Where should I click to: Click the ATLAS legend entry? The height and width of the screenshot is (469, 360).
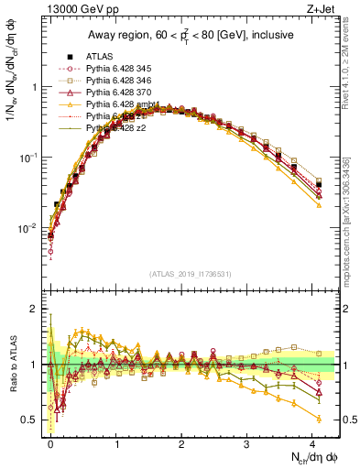(99, 56)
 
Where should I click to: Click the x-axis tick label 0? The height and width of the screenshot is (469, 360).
(50, 442)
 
